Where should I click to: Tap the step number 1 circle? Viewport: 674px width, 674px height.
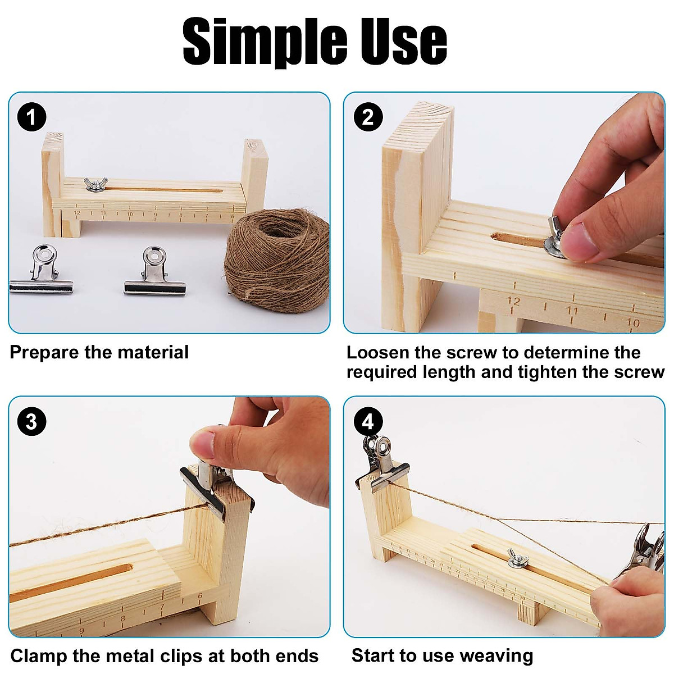click(31, 117)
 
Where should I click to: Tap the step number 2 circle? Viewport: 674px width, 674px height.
click(368, 117)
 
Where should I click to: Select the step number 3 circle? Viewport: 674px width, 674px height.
click(31, 422)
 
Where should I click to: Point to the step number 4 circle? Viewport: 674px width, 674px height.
click(368, 422)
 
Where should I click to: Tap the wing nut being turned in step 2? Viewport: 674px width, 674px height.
click(556, 239)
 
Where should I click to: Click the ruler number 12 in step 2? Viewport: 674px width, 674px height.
click(513, 302)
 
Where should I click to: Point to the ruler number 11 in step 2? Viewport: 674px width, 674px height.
click(572, 310)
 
